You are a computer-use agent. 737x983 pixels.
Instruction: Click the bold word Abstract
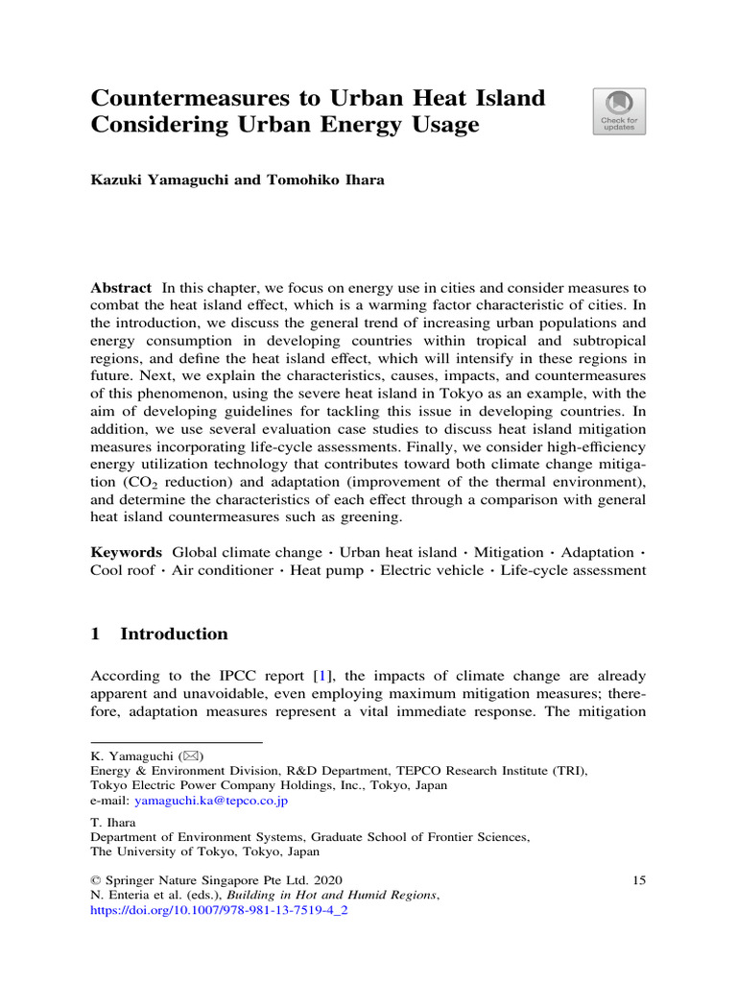point(121,288)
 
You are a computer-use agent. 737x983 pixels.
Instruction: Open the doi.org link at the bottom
point(218,911)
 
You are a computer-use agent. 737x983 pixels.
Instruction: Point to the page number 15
point(639,879)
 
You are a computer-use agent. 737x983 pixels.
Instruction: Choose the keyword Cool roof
point(121,570)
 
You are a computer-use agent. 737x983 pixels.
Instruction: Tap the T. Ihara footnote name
point(112,823)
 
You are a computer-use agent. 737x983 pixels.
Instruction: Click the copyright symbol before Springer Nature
point(96,879)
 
